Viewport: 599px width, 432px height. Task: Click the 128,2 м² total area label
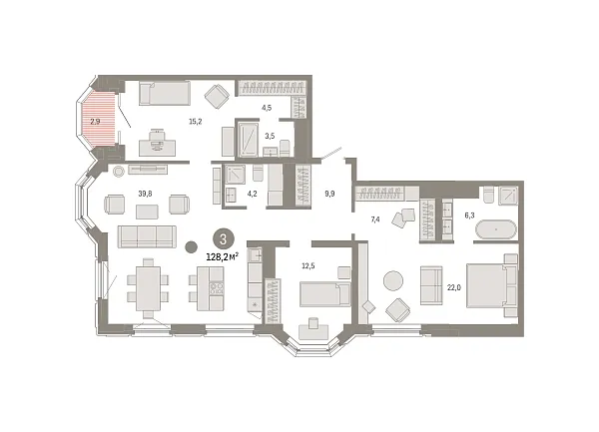click(223, 256)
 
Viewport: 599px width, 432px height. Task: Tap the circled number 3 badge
click(223, 239)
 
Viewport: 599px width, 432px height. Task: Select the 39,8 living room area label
click(145, 194)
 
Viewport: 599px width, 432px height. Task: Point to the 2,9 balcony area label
click(95, 122)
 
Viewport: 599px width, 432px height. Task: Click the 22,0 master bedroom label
click(454, 287)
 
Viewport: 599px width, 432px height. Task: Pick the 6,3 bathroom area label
click(469, 216)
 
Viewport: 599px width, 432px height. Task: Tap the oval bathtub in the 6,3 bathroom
click(496, 229)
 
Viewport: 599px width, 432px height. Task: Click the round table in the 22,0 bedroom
click(393, 280)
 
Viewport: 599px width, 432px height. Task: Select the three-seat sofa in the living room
click(147, 236)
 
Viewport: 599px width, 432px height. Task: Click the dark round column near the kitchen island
click(191, 246)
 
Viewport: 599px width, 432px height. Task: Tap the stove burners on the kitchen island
click(217, 287)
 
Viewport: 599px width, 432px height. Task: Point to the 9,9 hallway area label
click(329, 194)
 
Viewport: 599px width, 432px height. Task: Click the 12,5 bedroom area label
click(308, 266)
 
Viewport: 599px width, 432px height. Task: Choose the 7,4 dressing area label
click(375, 219)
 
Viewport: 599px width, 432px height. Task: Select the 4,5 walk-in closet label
click(267, 108)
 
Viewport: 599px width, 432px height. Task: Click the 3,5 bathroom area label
click(270, 136)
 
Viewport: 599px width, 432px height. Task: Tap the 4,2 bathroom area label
click(252, 194)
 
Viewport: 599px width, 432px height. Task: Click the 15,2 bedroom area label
click(196, 122)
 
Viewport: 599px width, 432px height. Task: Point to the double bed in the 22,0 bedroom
click(492, 285)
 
